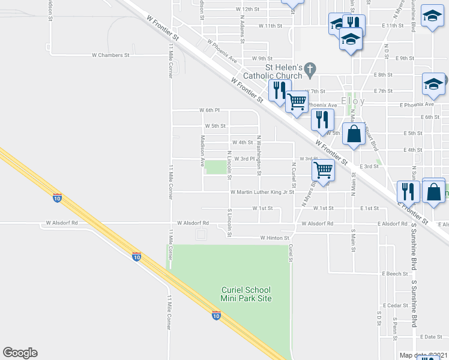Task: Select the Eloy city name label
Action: click(352, 101)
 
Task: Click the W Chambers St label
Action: click(110, 55)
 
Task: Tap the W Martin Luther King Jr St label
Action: click(262, 192)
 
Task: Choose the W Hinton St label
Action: click(274, 238)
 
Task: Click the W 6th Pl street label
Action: click(210, 110)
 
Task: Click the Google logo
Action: click(20, 353)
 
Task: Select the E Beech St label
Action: click(394, 273)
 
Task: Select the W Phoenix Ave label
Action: click(222, 52)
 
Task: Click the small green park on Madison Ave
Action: click(215, 167)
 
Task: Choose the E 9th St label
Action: click(406, 58)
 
